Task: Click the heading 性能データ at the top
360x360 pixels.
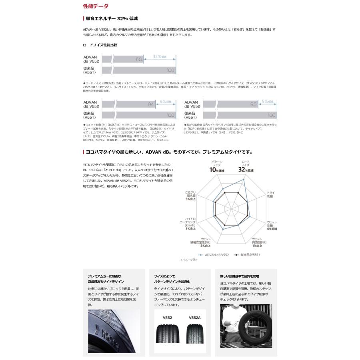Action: click(x=95, y=6)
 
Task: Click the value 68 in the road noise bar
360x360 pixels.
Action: click(x=139, y=60)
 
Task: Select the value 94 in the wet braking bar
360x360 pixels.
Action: click(x=151, y=104)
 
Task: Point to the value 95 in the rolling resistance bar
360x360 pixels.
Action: click(x=253, y=104)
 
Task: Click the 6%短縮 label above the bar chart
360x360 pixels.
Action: click(x=165, y=102)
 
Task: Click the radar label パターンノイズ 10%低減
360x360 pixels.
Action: click(x=216, y=166)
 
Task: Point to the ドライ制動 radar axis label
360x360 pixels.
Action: click(x=271, y=194)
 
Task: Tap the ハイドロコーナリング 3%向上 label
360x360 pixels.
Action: click(x=190, y=224)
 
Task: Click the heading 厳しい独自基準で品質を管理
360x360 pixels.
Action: click(x=240, y=276)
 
